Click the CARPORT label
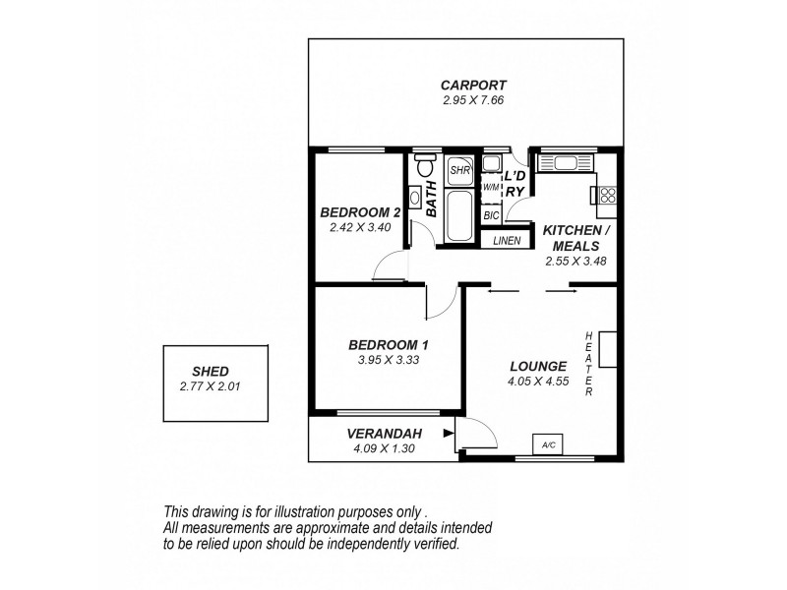472,85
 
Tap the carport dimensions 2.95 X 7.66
472,100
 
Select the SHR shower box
459,170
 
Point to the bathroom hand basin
415,197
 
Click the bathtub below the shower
459,213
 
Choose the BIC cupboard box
491,214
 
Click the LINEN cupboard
507,240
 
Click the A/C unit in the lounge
548,445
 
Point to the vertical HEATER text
588,364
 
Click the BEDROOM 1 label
389,345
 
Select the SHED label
211,371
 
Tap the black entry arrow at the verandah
449,433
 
